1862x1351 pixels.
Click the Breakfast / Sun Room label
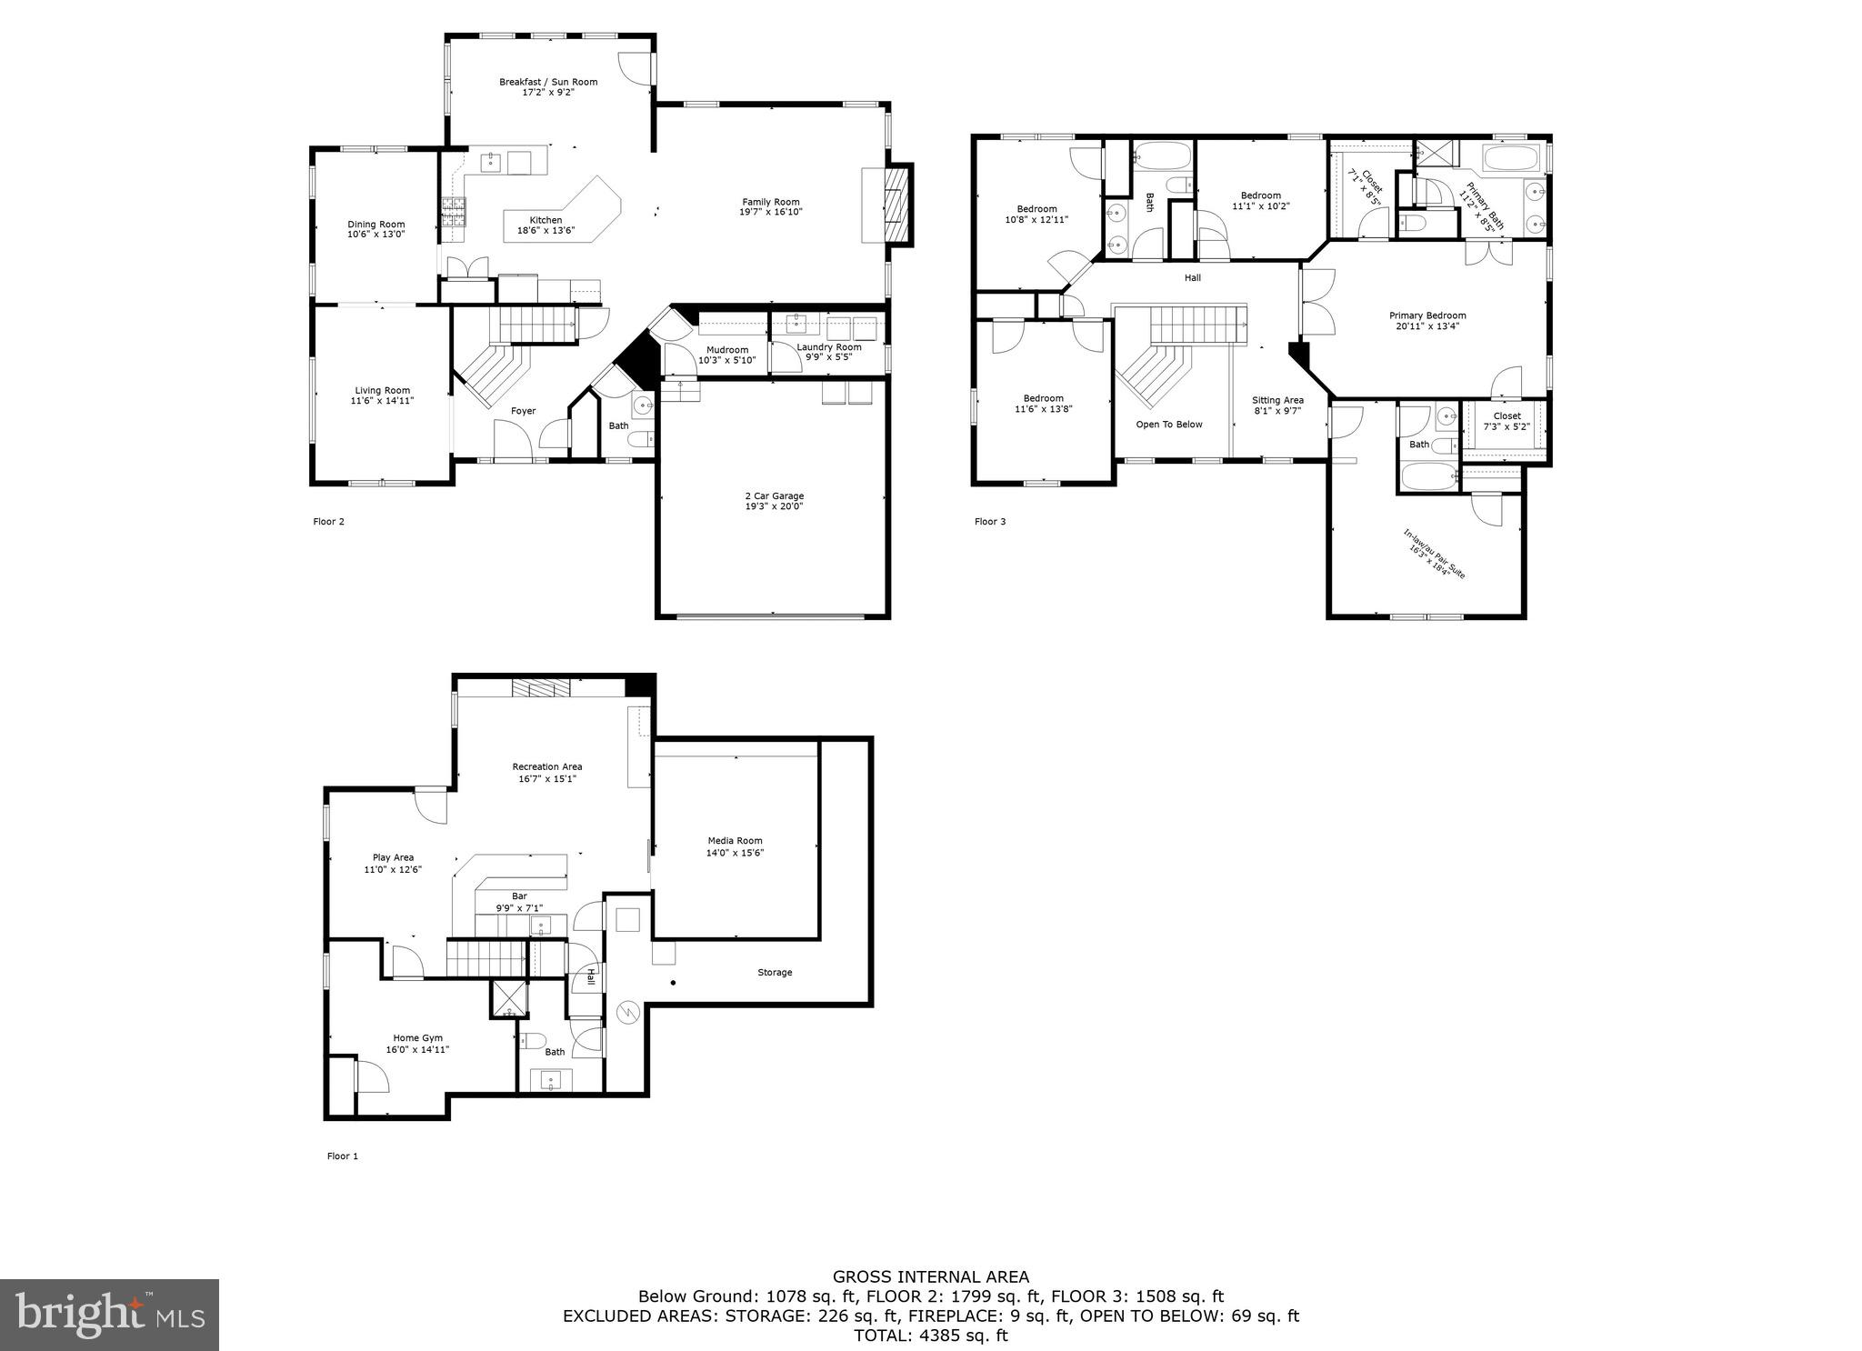548,82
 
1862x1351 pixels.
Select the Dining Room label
376,225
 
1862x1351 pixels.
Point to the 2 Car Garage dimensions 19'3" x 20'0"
774,506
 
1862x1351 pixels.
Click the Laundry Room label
829,347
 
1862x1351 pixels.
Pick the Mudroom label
727,350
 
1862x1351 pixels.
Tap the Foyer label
523,411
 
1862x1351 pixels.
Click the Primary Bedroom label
1427,315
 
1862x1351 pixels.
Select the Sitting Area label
1277,400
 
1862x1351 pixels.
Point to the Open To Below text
1169,425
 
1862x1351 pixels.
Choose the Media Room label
735,841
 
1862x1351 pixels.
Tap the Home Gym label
417,1038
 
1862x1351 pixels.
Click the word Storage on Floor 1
775,973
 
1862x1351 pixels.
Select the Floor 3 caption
990,522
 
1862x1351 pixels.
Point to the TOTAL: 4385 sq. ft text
931,1336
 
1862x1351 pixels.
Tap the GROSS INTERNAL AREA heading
931,1277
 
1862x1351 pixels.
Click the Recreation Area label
546,766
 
